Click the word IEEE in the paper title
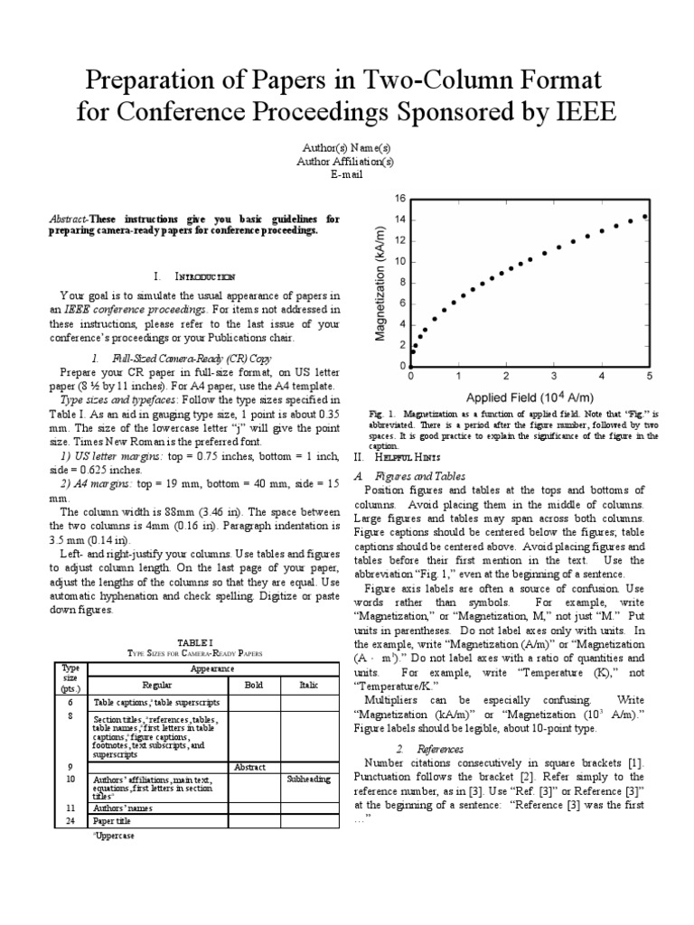(x=577, y=116)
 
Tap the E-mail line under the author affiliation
(x=347, y=174)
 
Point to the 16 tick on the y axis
(x=400, y=199)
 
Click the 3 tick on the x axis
(x=553, y=375)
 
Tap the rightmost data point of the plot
(x=644, y=217)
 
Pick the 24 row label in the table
(x=70, y=821)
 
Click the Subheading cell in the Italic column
(x=309, y=778)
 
